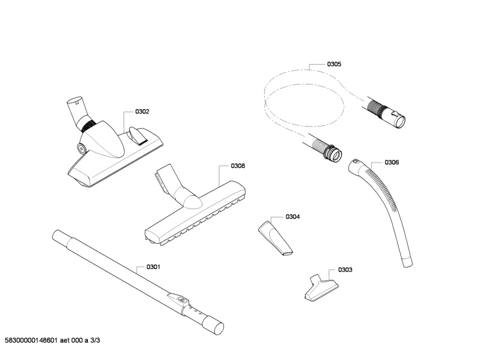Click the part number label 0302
point(142,112)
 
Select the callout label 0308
point(237,166)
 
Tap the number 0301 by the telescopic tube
point(153,267)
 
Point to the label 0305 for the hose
point(334,65)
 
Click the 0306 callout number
point(392,163)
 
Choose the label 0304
point(292,217)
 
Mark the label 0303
point(345,270)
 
